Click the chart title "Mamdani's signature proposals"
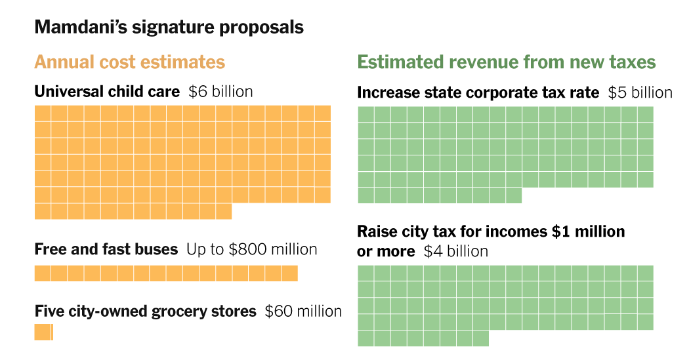pos(169,28)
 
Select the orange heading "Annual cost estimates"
pos(129,62)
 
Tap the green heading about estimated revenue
pos(506,62)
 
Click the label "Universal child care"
pos(107,92)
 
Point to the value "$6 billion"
pos(220,92)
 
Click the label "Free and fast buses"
pos(106,249)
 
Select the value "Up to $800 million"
pos(251,249)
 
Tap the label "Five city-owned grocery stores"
pos(145,311)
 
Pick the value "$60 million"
pos(303,311)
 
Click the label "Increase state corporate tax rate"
pos(478,93)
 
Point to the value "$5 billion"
pos(640,93)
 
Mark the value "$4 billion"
pos(456,251)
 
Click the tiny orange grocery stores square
pos(43,332)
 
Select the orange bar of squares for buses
pos(166,273)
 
